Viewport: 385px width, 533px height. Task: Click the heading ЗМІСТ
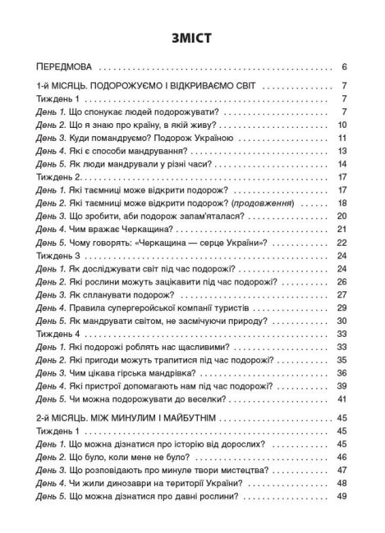[192, 36]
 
